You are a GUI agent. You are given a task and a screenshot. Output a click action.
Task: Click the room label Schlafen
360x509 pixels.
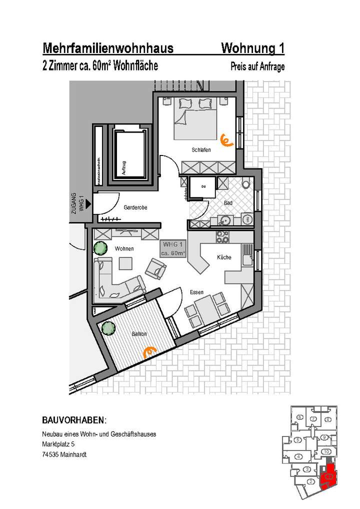click(x=200, y=150)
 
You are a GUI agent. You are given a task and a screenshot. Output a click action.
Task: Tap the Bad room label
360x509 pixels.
click(x=228, y=203)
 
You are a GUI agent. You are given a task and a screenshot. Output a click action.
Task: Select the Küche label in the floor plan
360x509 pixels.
click(x=224, y=257)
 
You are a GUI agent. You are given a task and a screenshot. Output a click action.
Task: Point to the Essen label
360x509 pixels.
click(x=196, y=291)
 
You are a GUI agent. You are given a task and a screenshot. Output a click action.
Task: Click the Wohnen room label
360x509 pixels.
click(x=123, y=248)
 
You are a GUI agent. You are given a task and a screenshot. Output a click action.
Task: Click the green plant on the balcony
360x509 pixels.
click(x=106, y=328)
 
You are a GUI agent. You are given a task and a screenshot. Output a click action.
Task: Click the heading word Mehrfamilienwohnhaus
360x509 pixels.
click(x=108, y=48)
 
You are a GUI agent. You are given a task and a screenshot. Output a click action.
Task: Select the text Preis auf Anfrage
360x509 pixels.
click(x=257, y=67)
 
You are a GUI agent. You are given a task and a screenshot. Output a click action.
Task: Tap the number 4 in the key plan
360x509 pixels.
click(x=298, y=456)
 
